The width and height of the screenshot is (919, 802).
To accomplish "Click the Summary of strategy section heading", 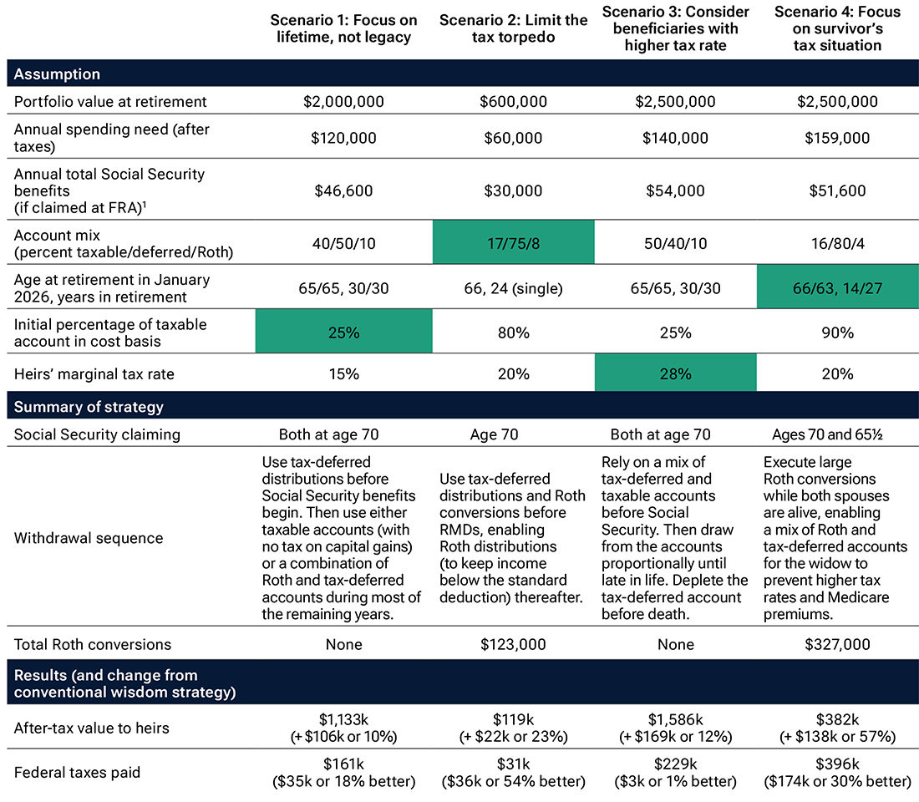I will tap(89, 408).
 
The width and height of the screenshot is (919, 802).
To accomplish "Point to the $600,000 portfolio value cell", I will tap(513, 102).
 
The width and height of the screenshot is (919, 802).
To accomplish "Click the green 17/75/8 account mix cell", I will tap(513, 241).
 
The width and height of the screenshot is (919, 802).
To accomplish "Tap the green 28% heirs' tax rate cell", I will tap(675, 373).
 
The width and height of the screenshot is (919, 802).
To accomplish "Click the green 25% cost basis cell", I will tap(344, 332).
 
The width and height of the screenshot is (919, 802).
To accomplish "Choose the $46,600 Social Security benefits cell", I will tap(344, 190).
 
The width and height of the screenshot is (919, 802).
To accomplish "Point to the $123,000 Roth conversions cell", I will tap(513, 644).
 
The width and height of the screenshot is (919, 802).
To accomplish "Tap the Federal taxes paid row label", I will tap(77, 772).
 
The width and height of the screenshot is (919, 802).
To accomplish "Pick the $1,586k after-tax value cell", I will tap(675, 728).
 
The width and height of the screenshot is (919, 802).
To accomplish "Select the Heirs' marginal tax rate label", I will tap(94, 373).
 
